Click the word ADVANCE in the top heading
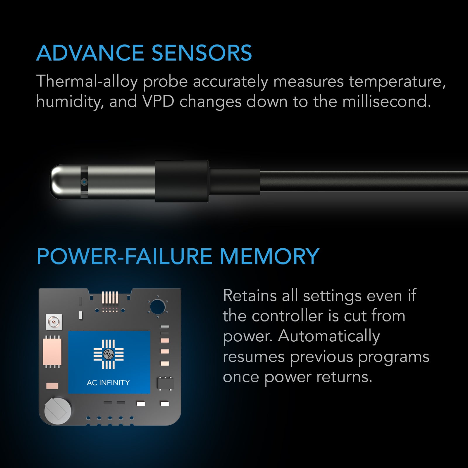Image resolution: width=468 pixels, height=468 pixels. coord(90,53)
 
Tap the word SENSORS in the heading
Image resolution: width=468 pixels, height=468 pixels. coord(202,53)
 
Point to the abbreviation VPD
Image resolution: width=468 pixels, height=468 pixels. coord(158,101)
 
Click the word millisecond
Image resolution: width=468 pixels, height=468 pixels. coord(386,101)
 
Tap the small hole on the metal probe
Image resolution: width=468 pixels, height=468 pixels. coord(84,182)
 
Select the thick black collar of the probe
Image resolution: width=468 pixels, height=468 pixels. coord(182,181)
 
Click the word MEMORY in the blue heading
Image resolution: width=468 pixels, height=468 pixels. coord(269,257)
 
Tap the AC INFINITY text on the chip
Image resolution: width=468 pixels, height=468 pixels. coord(108,383)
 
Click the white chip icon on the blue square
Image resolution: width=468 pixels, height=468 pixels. coord(109,354)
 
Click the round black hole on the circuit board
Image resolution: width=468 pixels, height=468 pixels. coord(158,307)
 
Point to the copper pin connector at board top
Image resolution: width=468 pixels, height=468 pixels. coord(110,297)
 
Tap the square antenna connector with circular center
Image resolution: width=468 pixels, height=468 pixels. coord(54,322)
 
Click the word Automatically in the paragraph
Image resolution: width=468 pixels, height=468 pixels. coord(329,336)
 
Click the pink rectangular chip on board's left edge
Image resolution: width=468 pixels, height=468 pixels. coord(52,352)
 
